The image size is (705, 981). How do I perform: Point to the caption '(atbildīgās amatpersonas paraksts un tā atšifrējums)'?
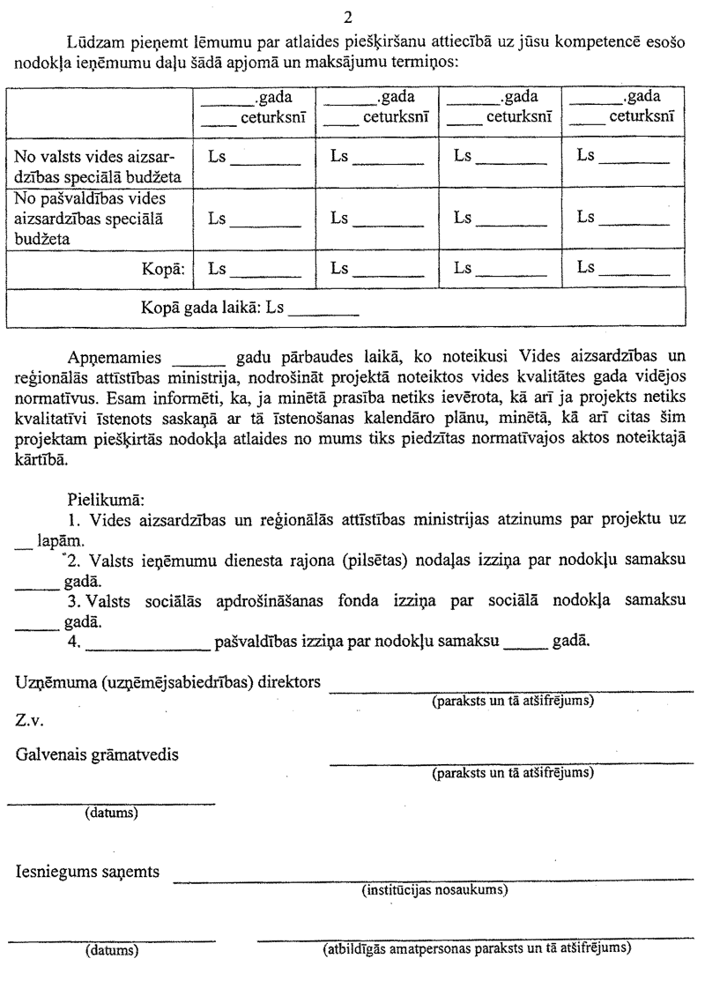477,949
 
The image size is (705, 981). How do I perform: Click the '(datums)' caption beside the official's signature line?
111,950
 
